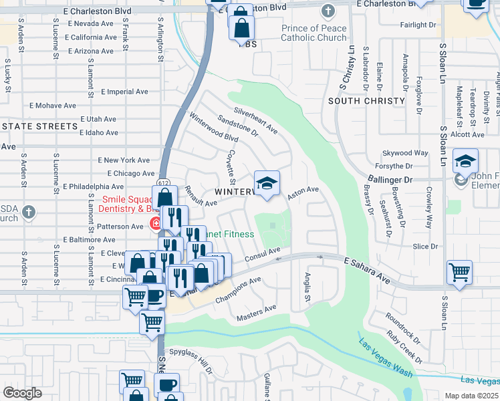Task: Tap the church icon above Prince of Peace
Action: [x=327, y=11]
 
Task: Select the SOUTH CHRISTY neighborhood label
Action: [x=367, y=101]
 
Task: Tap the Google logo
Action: [x=22, y=392]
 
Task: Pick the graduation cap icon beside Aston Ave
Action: [x=267, y=184]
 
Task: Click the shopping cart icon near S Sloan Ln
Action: [x=459, y=271]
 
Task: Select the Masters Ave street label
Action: [x=256, y=311]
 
